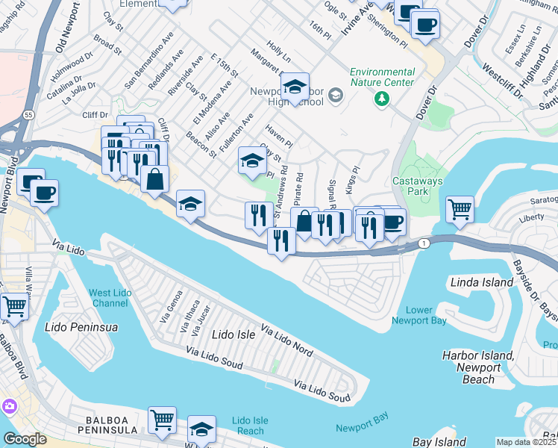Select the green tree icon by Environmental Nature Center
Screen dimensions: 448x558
[382, 99]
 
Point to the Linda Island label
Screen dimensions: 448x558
[482, 282]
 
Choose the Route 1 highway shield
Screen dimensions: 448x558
[424, 243]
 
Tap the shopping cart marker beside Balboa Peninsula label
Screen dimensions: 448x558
[162, 420]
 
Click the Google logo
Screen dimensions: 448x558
[25, 439]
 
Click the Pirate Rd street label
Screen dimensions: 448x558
[298, 190]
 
